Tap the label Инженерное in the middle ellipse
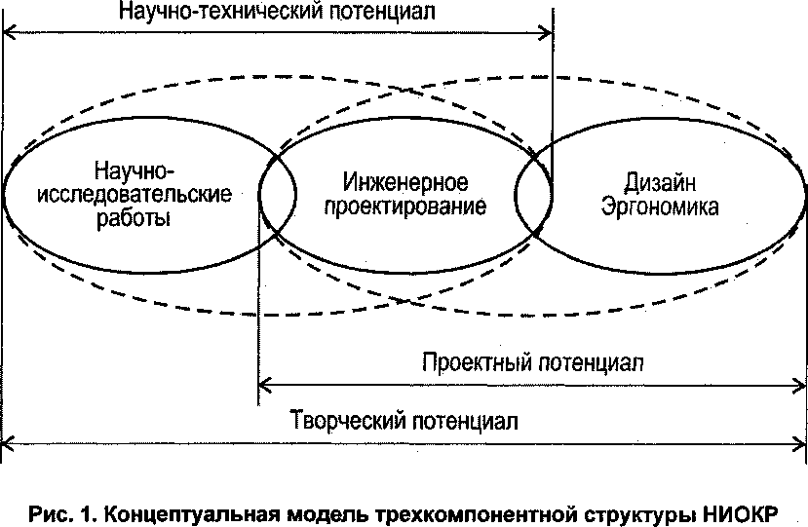pyautogui.click(x=406, y=183)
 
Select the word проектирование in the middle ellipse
pyautogui.click(x=406, y=207)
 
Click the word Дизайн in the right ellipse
pyautogui.click(x=659, y=182)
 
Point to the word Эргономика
pyautogui.click(x=659, y=207)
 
